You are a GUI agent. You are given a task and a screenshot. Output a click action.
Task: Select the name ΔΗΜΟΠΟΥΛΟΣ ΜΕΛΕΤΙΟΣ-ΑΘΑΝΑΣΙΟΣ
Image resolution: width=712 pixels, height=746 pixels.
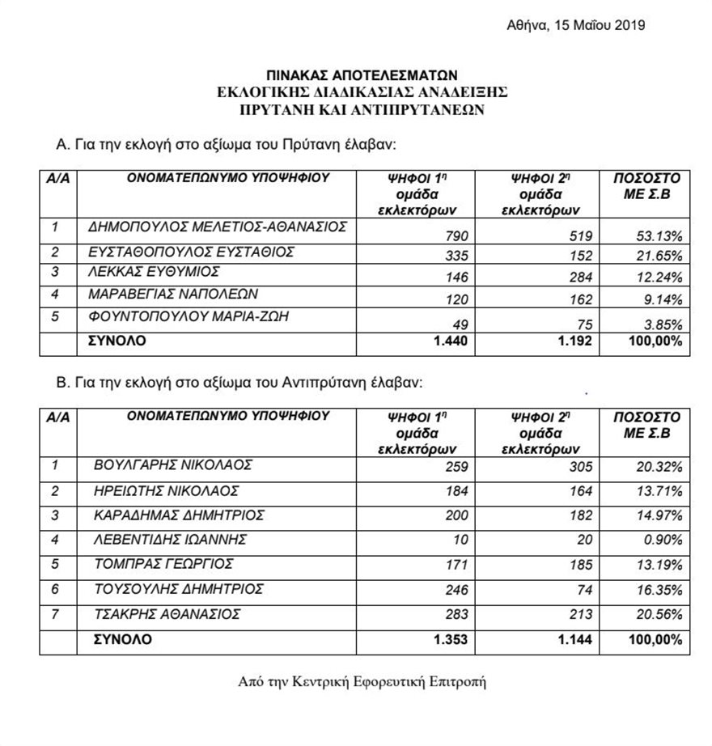coord(217,227)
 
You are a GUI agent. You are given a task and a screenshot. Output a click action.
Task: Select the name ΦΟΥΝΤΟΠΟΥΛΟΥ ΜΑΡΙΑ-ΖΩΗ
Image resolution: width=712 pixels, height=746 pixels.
coord(189,316)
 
